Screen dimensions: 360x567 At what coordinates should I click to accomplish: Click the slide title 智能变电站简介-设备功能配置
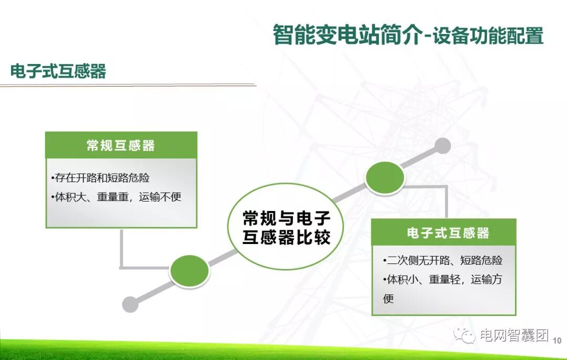408,35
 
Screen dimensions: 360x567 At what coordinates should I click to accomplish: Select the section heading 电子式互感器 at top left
58,71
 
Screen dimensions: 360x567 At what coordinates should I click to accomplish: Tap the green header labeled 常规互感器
121,145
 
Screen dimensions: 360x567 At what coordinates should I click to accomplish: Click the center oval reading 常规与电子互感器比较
286,227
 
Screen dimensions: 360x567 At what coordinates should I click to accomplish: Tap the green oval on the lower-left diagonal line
190,270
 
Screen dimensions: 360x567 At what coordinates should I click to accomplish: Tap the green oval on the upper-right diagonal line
385,178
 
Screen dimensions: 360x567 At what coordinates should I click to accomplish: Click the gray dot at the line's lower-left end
130,304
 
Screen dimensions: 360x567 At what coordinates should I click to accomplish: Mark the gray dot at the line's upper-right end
443,145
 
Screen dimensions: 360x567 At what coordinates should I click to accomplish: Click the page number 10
557,341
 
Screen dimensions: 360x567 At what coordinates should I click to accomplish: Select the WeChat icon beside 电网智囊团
465,335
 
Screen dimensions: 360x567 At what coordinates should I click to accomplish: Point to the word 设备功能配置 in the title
488,36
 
